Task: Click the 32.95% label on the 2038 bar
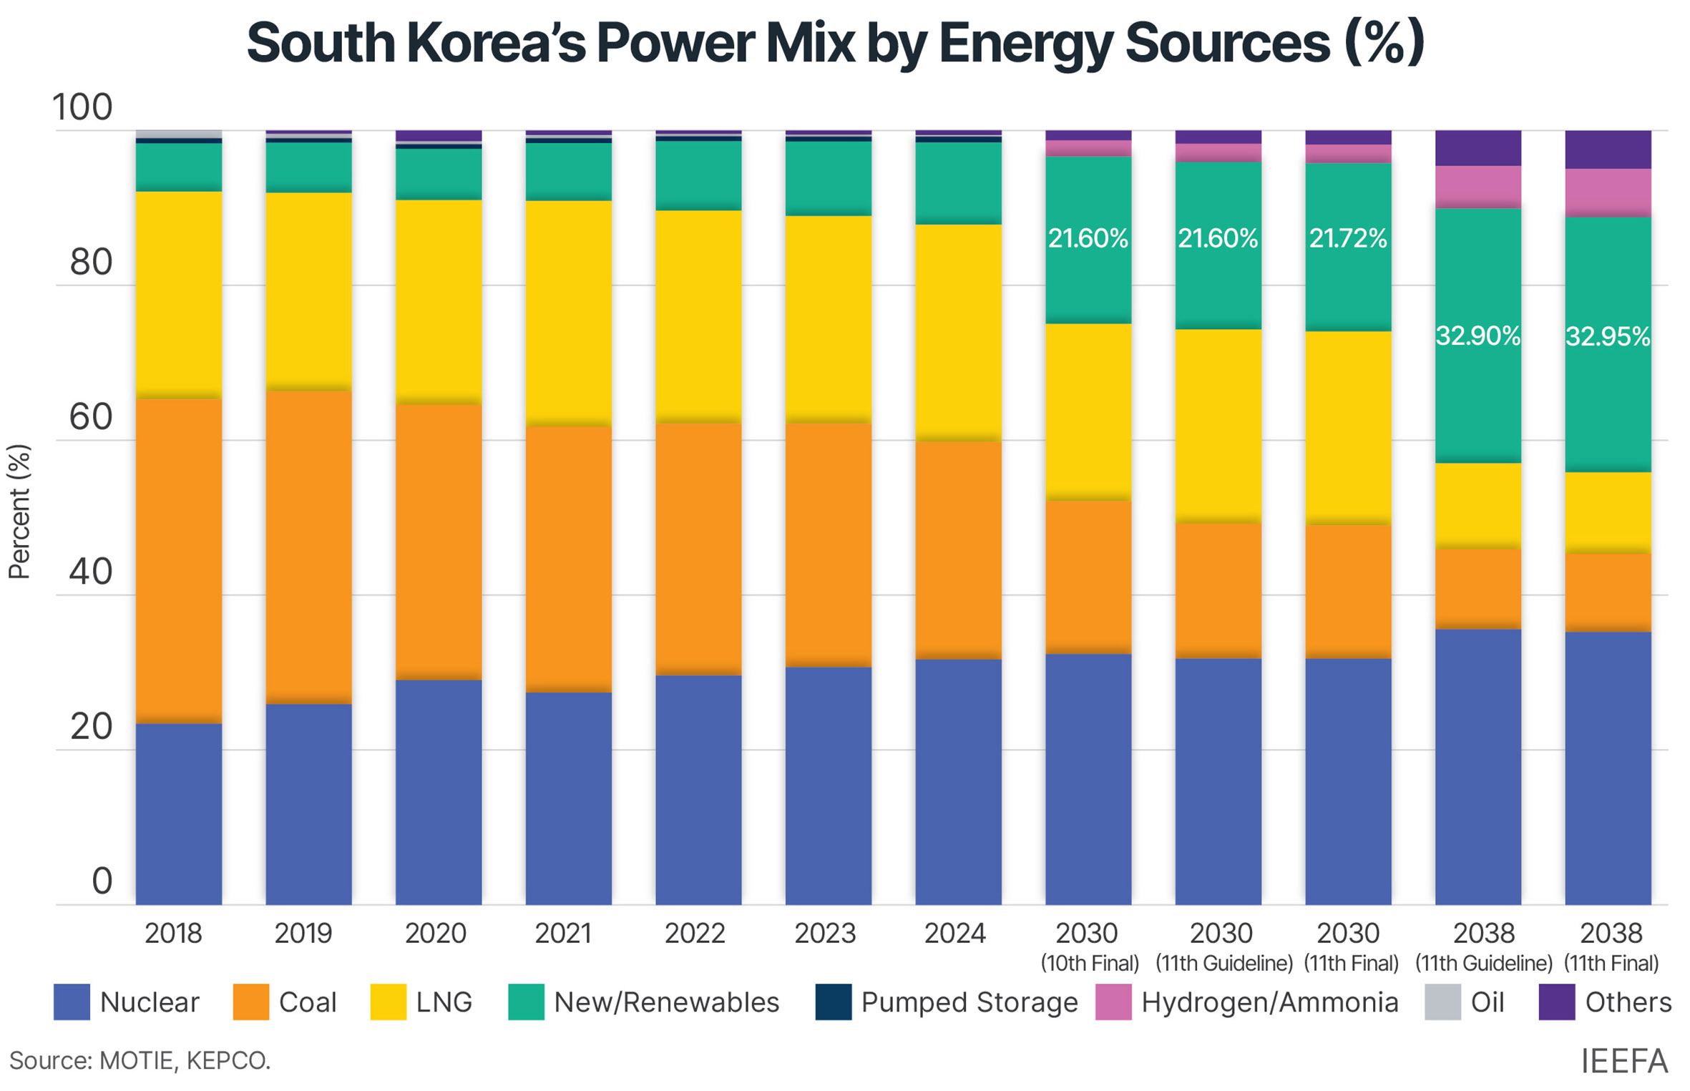[x=1607, y=336]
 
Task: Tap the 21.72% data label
[x=1347, y=238]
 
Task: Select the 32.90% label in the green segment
[x=1477, y=336]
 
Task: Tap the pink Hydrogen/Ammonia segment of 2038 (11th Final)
[x=1607, y=192]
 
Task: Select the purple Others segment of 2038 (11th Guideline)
[x=1477, y=147]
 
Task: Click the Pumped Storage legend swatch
[x=833, y=1002]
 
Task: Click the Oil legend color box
[x=1442, y=1002]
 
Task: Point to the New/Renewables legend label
[x=666, y=1002]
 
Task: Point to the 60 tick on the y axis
[x=91, y=417]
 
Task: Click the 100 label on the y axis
[x=82, y=107]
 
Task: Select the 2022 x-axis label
[x=694, y=933]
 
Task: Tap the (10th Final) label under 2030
[x=1089, y=963]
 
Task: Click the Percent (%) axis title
[x=19, y=511]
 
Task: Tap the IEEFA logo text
[x=1623, y=1061]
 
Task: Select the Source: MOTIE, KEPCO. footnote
[x=140, y=1060]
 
